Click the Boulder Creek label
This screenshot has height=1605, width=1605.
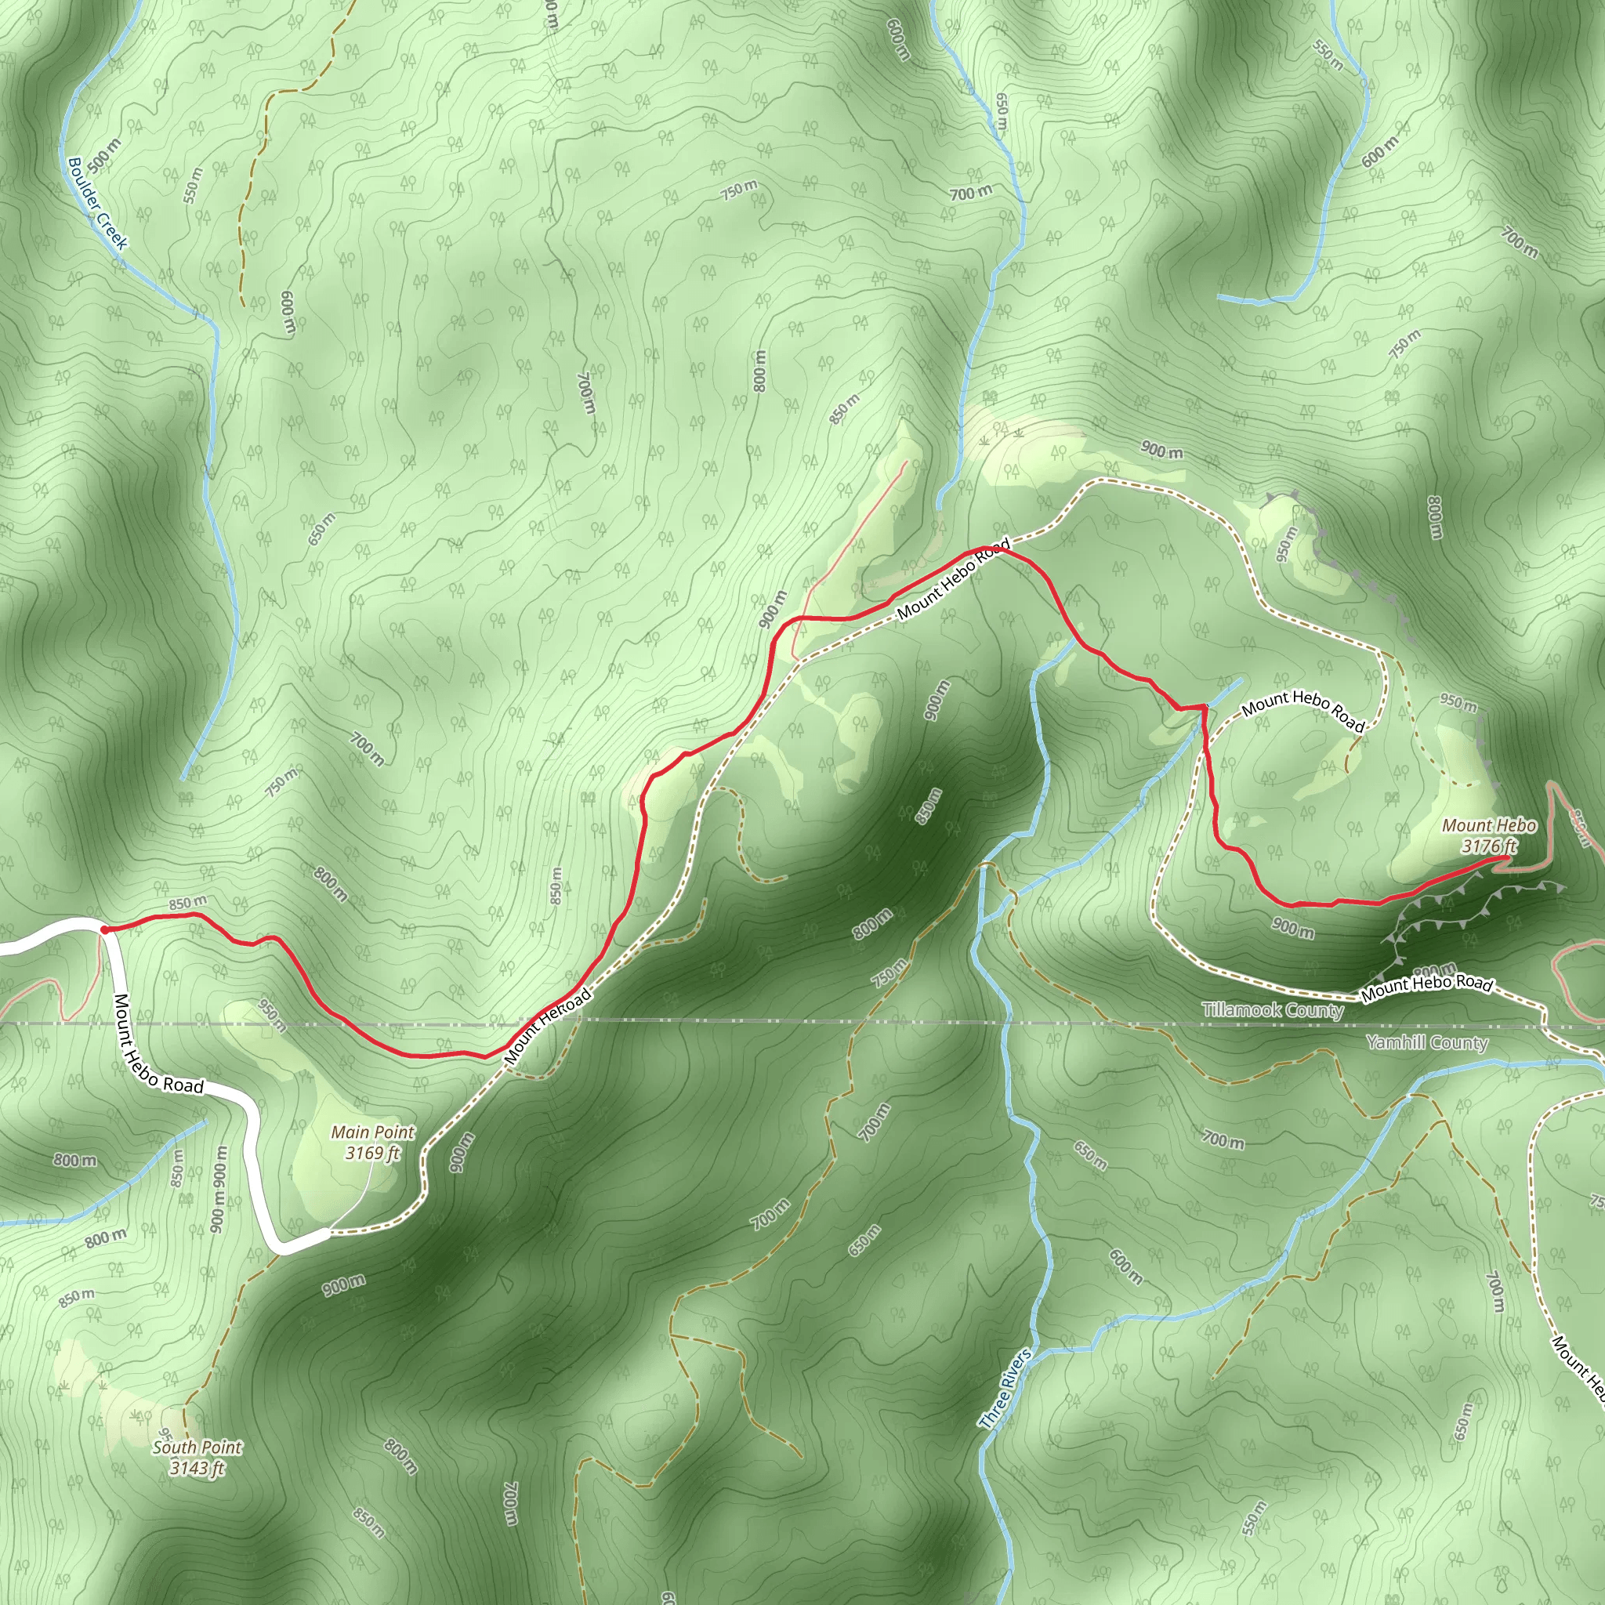pos(98,204)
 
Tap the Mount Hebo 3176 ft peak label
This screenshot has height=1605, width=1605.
pos(1489,835)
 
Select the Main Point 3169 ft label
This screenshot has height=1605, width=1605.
pos(373,1143)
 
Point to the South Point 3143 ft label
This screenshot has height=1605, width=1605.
pos(197,1475)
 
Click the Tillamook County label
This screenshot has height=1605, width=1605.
pos(1272,1010)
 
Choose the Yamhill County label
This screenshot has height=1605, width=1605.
pos(1426,1042)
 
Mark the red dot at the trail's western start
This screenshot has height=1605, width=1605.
pos(105,929)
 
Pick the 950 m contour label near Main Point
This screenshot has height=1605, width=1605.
pos(272,1015)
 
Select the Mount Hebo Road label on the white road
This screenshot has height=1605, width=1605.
pos(158,1044)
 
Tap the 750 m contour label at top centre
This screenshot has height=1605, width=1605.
pos(738,190)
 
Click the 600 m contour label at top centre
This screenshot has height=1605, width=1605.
pos(898,39)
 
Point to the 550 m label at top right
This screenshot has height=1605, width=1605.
pos(1328,54)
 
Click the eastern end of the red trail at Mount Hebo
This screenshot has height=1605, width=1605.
pos(1505,857)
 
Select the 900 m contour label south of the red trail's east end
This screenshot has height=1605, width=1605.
pos(1292,928)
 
